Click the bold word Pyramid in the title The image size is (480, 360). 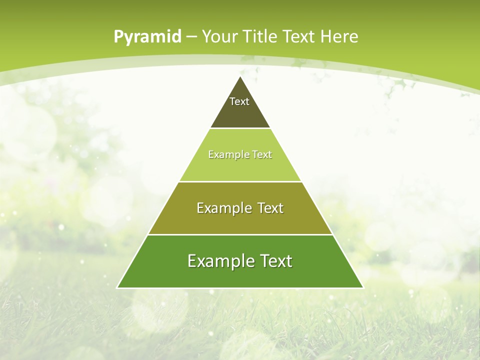click(x=147, y=37)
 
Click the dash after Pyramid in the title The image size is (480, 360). click(x=191, y=37)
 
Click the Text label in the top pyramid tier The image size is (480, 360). click(x=239, y=101)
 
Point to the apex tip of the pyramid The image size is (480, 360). click(x=240, y=77)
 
